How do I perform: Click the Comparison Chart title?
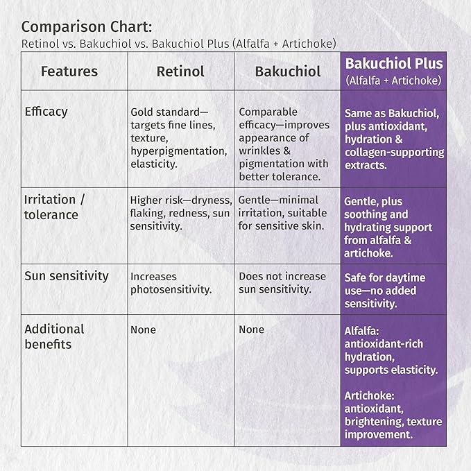(87, 27)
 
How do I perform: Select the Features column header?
(69, 71)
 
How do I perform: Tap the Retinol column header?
(180, 71)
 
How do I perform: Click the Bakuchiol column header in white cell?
(288, 71)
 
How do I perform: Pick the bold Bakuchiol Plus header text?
(394, 63)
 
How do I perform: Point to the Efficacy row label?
(46, 112)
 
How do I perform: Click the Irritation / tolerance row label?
(54, 207)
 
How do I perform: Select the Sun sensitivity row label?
(67, 276)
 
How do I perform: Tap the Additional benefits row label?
(54, 336)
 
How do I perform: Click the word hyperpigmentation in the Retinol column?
(179, 151)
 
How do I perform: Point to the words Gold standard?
(165, 112)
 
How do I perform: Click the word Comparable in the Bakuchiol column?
(268, 112)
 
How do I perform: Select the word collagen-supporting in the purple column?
(395, 153)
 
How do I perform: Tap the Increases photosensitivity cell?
(171, 283)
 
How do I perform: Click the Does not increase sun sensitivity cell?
(282, 282)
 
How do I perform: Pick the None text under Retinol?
(144, 329)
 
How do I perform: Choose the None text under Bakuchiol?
(251, 329)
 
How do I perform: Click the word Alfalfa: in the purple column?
(361, 331)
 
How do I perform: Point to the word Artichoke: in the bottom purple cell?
(369, 396)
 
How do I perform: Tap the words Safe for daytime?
(385, 278)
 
